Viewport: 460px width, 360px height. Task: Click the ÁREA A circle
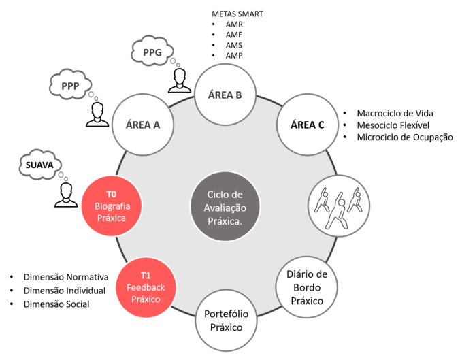pyautogui.click(x=142, y=125)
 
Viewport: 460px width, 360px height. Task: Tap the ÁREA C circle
pyautogui.click(x=307, y=125)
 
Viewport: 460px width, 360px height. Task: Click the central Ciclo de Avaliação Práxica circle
pyautogui.click(x=225, y=201)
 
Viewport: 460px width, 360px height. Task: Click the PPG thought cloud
pyautogui.click(x=152, y=50)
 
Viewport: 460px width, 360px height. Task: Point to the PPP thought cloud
pyautogui.click(x=70, y=86)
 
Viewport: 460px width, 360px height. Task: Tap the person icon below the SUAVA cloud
pyautogui.click(x=67, y=194)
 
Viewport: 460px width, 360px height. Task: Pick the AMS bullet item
pyautogui.click(x=234, y=44)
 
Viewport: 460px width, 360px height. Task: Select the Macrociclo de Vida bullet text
pyautogui.click(x=395, y=112)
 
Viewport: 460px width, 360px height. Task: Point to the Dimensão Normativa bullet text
pyautogui.click(x=66, y=277)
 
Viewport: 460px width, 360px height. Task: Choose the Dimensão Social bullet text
pyautogui.click(x=57, y=304)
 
